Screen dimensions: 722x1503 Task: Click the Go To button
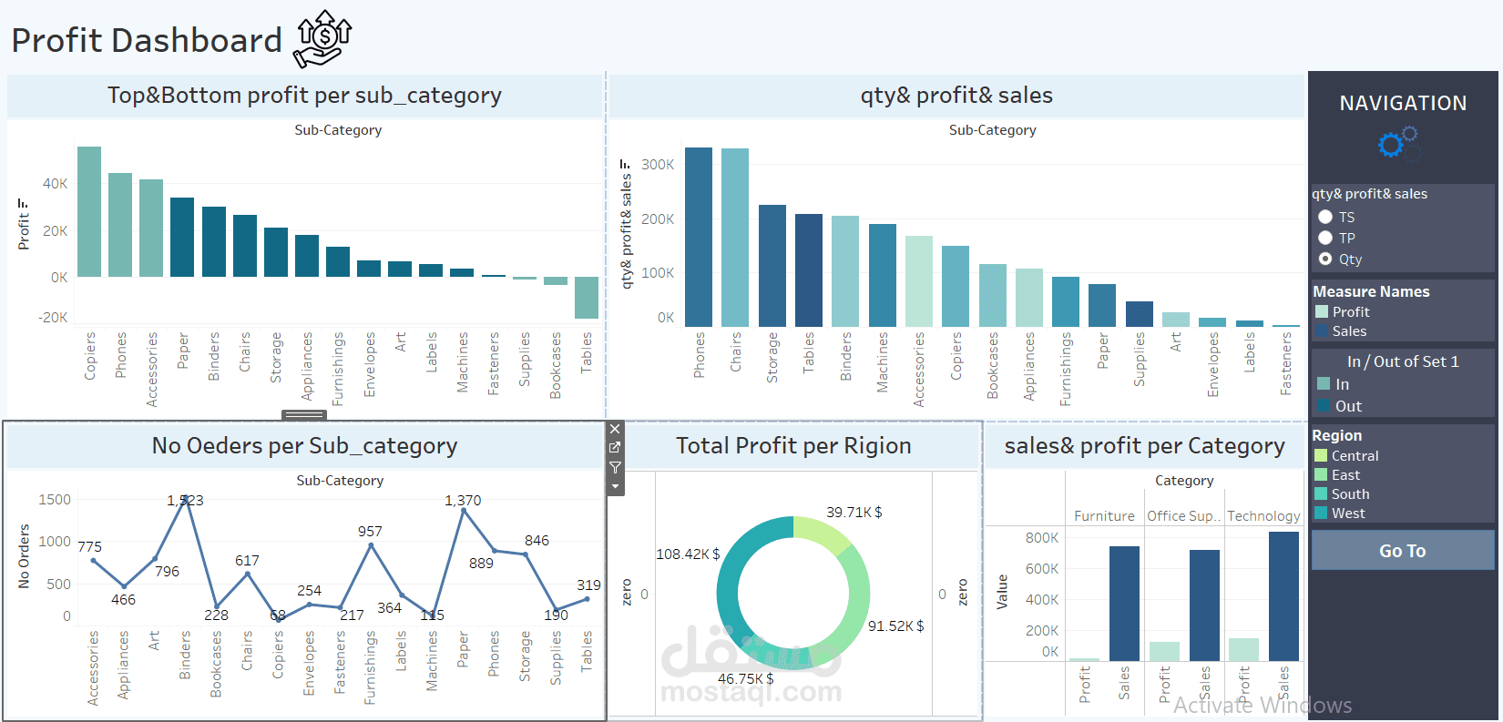pyautogui.click(x=1402, y=551)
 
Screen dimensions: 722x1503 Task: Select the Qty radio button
pyautogui.click(x=1325, y=259)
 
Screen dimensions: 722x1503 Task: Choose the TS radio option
pyautogui.click(x=1325, y=217)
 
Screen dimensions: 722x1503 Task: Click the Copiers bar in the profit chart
pyautogui.click(x=89, y=212)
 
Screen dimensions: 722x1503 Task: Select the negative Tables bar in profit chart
pyautogui.click(x=587, y=297)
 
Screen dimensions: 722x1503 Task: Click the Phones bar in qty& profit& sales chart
pyautogui.click(x=699, y=237)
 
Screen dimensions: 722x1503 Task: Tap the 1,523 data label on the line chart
pyautogui.click(x=185, y=501)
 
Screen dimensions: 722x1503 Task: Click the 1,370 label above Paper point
pyautogui.click(x=463, y=501)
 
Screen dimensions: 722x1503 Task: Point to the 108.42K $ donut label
pyautogui.click(x=688, y=554)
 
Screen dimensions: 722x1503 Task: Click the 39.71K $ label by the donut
pyautogui.click(x=854, y=513)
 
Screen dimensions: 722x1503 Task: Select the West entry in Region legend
pyautogui.click(x=1347, y=514)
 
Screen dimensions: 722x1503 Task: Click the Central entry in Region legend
pyautogui.click(x=1354, y=456)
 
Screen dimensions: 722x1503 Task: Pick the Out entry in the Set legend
pyautogui.click(x=1347, y=406)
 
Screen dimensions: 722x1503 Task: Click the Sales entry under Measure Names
pyautogui.click(x=1348, y=331)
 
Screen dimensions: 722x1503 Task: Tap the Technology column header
pyautogui.click(x=1263, y=516)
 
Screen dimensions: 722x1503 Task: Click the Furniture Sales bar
pyautogui.click(x=1124, y=603)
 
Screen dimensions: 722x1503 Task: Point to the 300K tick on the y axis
pyautogui.click(x=658, y=165)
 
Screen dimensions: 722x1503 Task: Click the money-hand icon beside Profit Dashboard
pyautogui.click(x=322, y=39)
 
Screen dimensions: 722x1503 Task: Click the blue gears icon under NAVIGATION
pyautogui.click(x=1398, y=144)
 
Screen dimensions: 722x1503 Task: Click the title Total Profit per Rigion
pyautogui.click(x=793, y=446)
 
